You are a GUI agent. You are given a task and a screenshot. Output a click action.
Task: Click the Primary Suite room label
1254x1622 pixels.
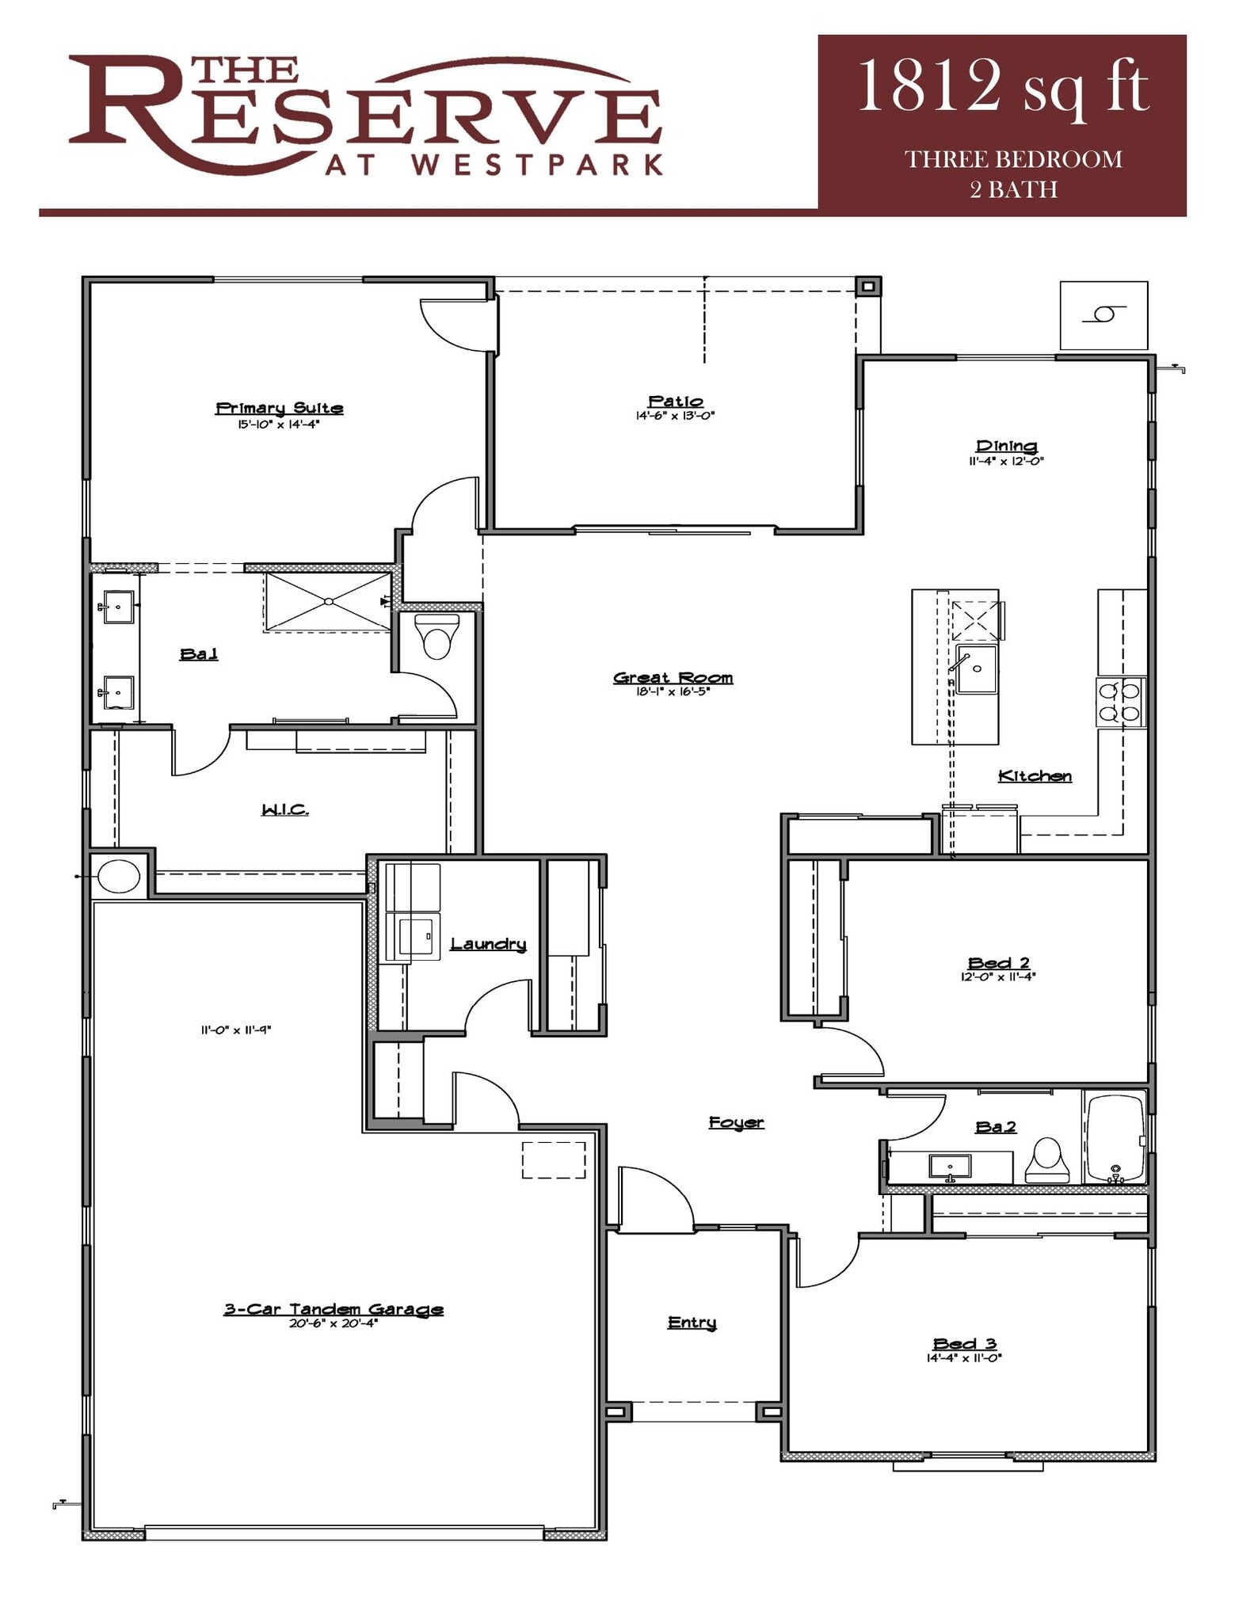pyautogui.click(x=279, y=408)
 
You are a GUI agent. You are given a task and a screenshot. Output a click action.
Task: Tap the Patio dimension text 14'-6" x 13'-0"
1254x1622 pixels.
pyautogui.click(x=675, y=416)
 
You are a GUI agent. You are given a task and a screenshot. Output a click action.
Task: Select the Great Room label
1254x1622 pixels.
pyautogui.click(x=673, y=677)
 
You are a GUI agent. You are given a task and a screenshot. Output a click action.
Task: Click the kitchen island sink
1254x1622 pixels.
pyautogui.click(x=976, y=669)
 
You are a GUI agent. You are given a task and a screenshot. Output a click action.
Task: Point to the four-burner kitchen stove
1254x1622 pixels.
pyautogui.click(x=1120, y=702)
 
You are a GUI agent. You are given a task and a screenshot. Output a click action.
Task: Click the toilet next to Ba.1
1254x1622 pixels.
pyautogui.click(x=436, y=638)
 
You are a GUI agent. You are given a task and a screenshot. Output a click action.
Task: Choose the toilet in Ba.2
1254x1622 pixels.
pyautogui.click(x=1046, y=1160)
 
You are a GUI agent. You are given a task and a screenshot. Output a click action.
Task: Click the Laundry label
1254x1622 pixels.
pyautogui.click(x=488, y=943)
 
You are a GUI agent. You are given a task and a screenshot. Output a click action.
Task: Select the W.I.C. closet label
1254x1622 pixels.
pyautogui.click(x=284, y=809)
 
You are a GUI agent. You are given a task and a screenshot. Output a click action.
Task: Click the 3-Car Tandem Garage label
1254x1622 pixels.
pyautogui.click(x=333, y=1309)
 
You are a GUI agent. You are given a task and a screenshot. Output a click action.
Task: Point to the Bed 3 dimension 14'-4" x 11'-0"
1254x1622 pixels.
pyautogui.click(x=964, y=1357)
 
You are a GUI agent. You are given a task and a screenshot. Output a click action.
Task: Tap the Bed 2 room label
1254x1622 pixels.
pyautogui.click(x=998, y=962)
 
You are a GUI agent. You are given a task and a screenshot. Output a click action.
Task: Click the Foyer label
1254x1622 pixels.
pyautogui.click(x=736, y=1122)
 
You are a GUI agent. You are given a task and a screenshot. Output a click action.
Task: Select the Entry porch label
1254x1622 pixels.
pyautogui.click(x=692, y=1322)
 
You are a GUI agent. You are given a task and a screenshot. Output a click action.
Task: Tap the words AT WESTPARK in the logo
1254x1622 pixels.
pyautogui.click(x=493, y=164)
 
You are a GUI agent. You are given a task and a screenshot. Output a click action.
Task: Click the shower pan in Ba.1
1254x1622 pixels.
pyautogui.click(x=328, y=603)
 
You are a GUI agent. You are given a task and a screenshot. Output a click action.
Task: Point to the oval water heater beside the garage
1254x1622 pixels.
pyautogui.click(x=119, y=876)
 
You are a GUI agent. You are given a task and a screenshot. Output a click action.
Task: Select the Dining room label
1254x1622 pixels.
pyautogui.click(x=1006, y=446)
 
